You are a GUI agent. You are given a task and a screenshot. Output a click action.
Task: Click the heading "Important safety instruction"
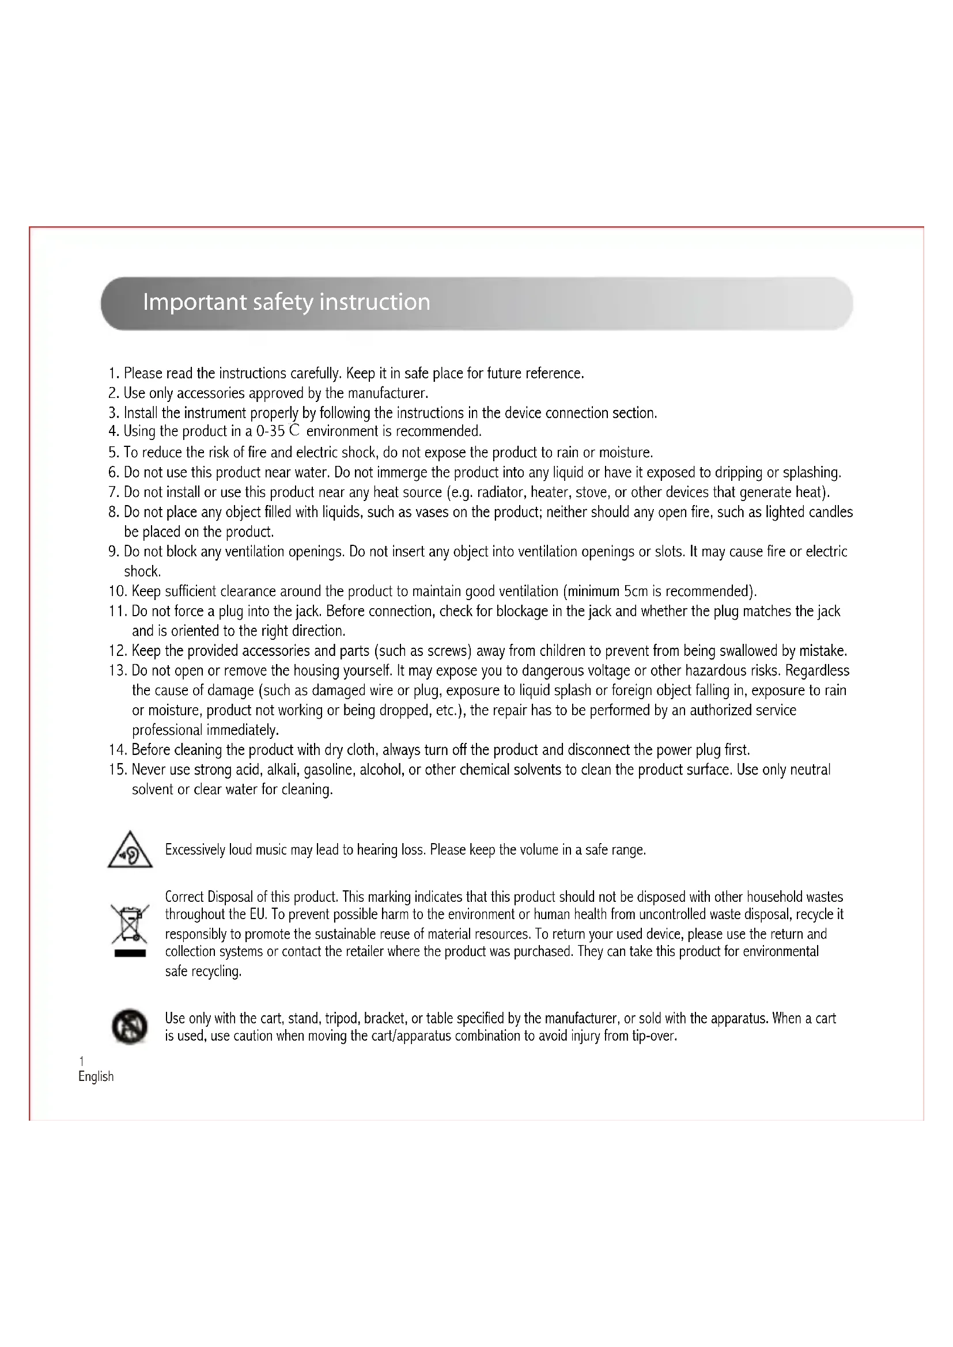286,302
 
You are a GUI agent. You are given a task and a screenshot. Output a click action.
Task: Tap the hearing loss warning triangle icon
130,850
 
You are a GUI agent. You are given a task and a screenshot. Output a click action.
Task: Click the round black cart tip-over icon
129,1026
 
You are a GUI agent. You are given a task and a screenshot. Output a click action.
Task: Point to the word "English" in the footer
96,1076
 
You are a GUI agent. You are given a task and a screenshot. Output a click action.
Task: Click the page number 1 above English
82,1061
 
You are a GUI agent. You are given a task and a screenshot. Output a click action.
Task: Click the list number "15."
118,770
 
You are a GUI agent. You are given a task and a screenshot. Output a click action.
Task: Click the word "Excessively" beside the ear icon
195,849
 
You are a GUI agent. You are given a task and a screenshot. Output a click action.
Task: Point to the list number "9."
114,552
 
